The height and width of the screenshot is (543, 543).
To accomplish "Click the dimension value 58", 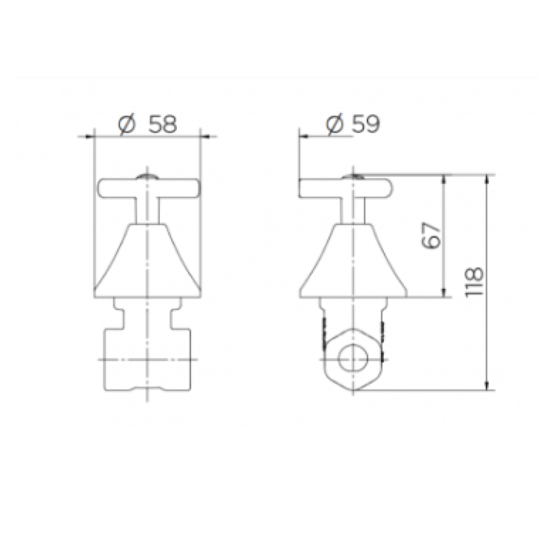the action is tap(163, 124).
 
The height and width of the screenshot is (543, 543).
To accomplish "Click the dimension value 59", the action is tap(366, 124).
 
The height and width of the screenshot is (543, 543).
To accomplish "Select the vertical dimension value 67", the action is tap(432, 236).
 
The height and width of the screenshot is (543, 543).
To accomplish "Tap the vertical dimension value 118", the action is tap(474, 282).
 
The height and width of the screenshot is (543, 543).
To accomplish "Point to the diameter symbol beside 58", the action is tap(126, 125).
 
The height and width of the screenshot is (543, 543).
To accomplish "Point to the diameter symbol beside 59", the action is tap(335, 124).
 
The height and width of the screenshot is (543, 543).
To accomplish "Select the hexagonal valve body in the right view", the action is tap(353, 360).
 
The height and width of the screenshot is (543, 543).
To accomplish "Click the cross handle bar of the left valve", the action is tap(149, 189).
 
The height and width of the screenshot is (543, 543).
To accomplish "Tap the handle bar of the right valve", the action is tap(345, 189).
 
